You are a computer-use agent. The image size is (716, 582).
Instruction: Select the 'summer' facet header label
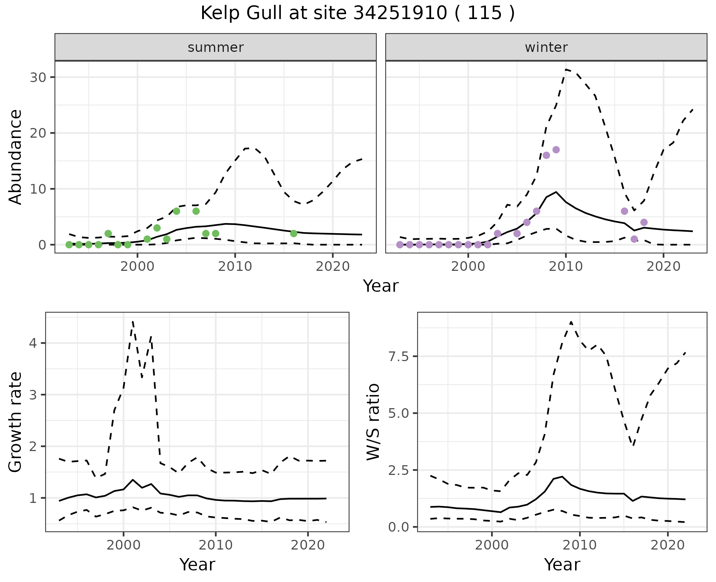click(x=216, y=47)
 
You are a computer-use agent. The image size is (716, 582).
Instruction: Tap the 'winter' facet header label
click(x=546, y=47)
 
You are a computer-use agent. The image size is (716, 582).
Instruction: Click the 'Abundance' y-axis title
click(x=16, y=157)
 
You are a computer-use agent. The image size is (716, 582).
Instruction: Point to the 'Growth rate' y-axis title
click(x=16, y=422)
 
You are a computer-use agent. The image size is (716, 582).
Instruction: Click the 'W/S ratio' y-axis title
click(x=373, y=422)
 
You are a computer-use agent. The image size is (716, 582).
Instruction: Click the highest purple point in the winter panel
click(x=556, y=150)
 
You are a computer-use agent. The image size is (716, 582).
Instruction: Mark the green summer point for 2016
click(x=293, y=234)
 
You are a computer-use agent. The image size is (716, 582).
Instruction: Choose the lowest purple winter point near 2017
click(x=634, y=239)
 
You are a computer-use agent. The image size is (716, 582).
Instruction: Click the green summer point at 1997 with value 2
click(x=108, y=234)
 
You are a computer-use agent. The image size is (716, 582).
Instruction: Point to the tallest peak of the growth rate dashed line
click(x=133, y=322)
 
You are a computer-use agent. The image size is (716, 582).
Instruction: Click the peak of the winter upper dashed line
click(x=566, y=69)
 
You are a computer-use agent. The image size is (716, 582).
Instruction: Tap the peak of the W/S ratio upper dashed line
click(x=571, y=322)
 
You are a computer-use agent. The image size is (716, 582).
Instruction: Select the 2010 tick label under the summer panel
click(x=235, y=266)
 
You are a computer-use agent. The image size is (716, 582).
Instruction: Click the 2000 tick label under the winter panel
click(x=468, y=266)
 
